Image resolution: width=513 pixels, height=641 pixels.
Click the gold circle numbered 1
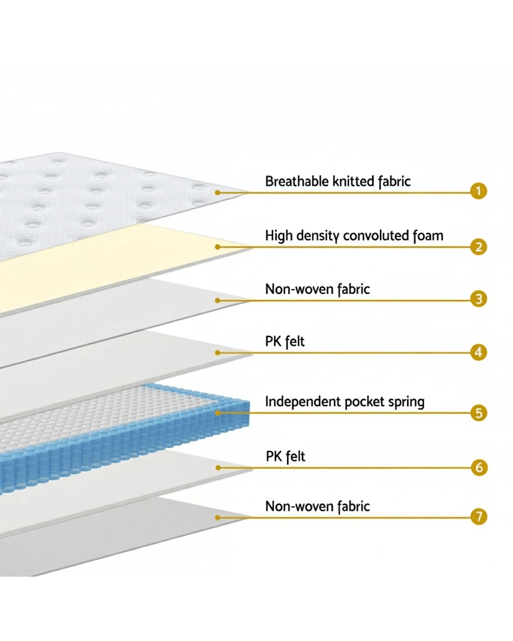pyautogui.click(x=478, y=191)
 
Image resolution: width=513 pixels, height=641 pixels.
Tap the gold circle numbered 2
pyautogui.click(x=478, y=247)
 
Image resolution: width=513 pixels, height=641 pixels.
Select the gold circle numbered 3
pyautogui.click(x=478, y=299)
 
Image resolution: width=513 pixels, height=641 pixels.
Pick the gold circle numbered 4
pyautogui.click(x=478, y=352)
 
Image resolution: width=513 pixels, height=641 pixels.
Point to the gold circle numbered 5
pyautogui.click(x=478, y=413)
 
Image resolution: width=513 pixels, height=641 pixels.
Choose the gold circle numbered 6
pyautogui.click(x=479, y=467)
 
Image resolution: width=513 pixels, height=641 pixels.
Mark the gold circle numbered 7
pyautogui.click(x=478, y=517)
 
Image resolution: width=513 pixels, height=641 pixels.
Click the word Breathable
pyautogui.click(x=297, y=181)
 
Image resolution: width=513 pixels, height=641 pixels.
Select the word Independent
pyautogui.click(x=303, y=402)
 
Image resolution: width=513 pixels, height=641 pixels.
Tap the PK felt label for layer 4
pyautogui.click(x=284, y=342)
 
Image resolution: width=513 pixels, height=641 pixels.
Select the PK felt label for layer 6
pyautogui.click(x=285, y=456)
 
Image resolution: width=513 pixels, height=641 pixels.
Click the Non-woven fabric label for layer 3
pyautogui.click(x=318, y=289)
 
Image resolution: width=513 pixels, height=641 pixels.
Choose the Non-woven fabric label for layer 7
pyautogui.click(x=318, y=506)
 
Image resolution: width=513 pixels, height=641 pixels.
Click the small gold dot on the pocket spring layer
pyautogui.click(x=218, y=413)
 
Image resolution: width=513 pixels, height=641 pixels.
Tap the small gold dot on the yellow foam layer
pyautogui.click(x=218, y=247)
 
